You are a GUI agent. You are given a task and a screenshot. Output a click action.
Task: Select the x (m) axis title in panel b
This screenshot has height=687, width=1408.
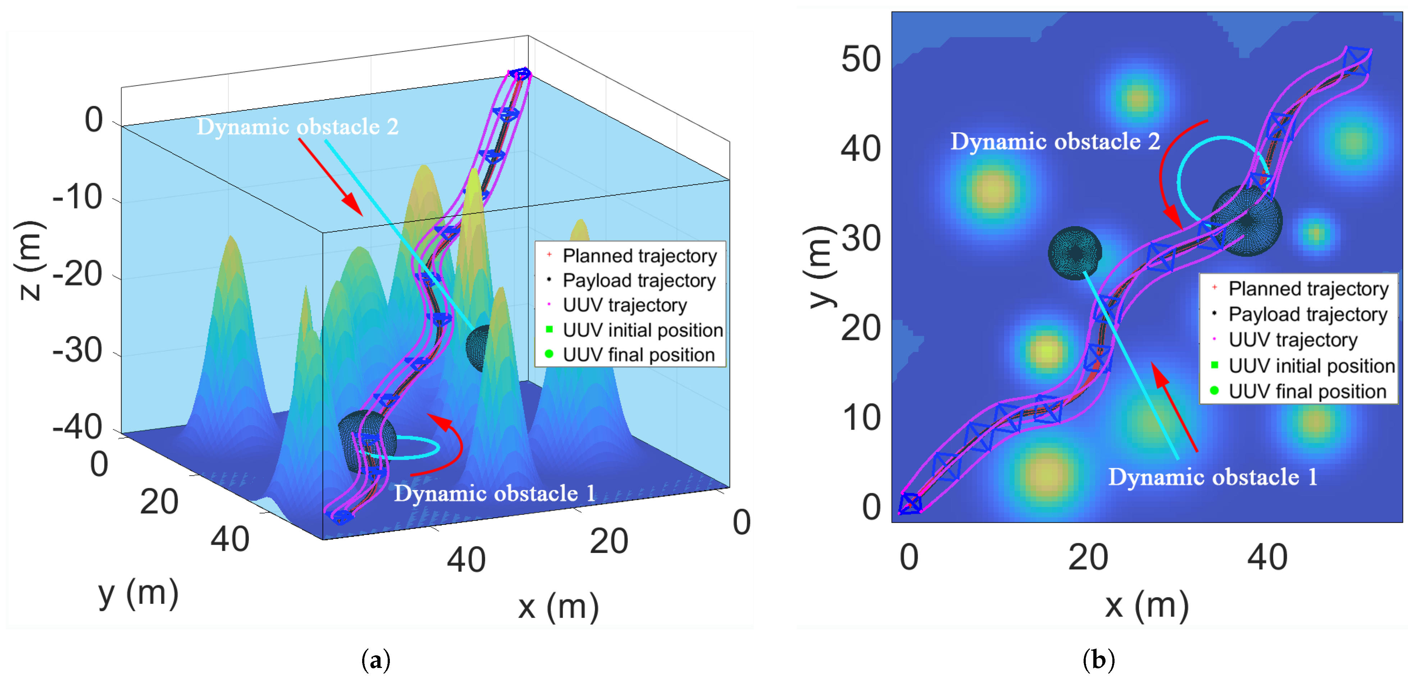[x=1147, y=605]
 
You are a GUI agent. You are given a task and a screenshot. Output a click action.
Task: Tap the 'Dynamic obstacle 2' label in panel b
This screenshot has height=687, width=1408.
[x=1054, y=142]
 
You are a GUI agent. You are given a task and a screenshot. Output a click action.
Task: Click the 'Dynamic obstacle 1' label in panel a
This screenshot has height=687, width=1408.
[x=495, y=494]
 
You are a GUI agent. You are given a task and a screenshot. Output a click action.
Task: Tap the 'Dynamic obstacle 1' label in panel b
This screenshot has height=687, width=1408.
[x=1212, y=477]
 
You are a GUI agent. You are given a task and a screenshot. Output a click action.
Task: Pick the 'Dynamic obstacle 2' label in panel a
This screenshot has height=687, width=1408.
[x=297, y=127]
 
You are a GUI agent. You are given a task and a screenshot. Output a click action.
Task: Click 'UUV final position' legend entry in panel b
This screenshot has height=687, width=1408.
[x=1307, y=391]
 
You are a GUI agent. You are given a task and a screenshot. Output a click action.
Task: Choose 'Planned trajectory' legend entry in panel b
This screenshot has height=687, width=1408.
[x=1308, y=289]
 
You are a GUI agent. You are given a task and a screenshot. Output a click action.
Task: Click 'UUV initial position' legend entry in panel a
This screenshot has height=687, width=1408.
[x=642, y=330]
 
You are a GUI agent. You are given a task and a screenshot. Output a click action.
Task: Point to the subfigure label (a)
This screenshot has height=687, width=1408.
[x=376, y=660]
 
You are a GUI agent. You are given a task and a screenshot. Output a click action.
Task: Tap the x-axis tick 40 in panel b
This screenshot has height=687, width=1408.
[x=1267, y=558]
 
